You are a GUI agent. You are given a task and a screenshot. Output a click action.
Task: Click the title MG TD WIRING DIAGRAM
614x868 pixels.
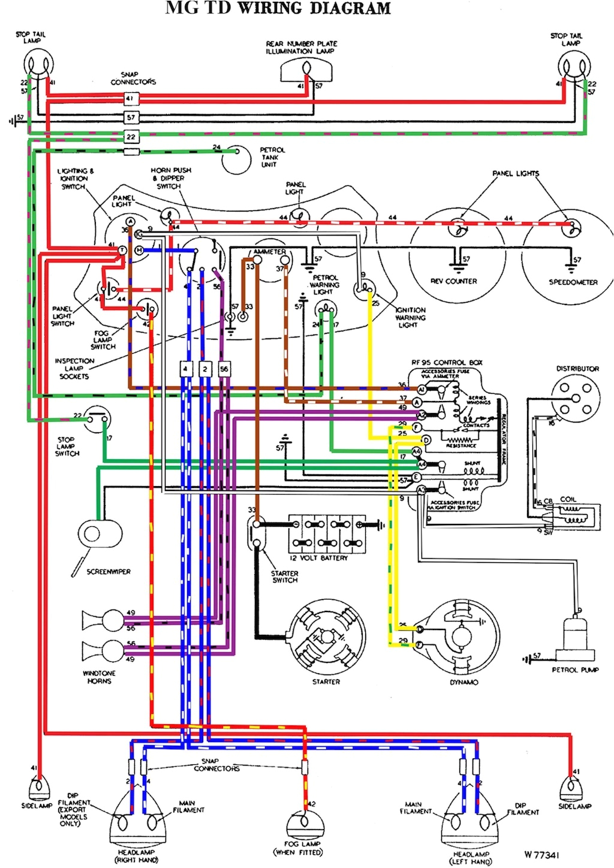(x=278, y=8)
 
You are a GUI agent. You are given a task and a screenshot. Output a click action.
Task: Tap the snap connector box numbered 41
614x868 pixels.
(x=131, y=98)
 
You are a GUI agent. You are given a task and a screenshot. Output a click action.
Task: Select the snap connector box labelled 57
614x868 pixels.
(x=131, y=117)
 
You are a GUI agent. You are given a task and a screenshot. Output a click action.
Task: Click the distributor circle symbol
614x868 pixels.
(x=578, y=396)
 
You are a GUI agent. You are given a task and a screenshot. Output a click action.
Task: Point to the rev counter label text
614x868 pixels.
(x=454, y=281)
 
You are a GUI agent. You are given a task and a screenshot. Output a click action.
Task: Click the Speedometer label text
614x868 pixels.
(x=573, y=282)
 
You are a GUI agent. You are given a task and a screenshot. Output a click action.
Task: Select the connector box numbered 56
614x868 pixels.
(x=224, y=369)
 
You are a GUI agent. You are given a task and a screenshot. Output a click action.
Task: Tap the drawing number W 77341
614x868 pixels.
(x=541, y=855)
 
